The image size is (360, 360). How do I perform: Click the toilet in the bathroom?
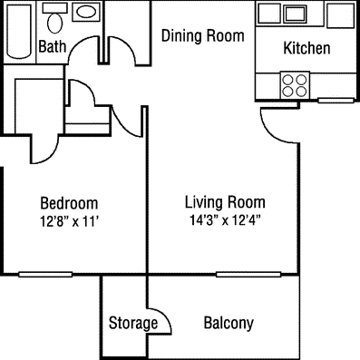[54, 19]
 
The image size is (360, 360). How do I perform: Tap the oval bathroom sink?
[86, 12]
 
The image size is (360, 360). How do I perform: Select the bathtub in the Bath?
[19, 31]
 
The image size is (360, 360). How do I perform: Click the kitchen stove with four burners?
[295, 85]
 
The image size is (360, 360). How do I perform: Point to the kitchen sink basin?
[295, 14]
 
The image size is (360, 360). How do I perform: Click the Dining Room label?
[203, 35]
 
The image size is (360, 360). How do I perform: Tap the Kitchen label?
[306, 48]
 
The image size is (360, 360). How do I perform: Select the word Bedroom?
[69, 203]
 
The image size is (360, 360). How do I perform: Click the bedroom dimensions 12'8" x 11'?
[70, 222]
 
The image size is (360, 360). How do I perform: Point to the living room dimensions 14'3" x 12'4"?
[225, 220]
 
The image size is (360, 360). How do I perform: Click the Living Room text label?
[225, 202]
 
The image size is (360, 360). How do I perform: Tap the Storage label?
[133, 323]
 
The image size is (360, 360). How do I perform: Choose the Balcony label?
[229, 323]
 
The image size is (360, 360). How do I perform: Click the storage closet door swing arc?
[166, 316]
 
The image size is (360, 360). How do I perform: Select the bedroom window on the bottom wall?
[45, 275]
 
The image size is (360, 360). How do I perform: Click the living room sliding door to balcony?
[248, 275]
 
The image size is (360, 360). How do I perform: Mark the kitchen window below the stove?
[336, 101]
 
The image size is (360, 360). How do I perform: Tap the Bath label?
[53, 46]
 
